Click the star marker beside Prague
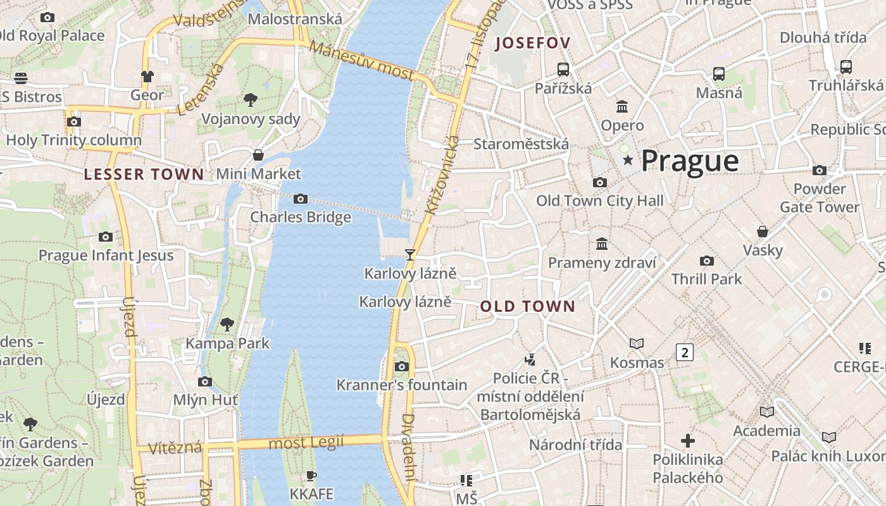point(628,161)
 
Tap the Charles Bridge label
point(301,217)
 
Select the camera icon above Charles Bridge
point(301,199)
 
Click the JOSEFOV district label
point(533,43)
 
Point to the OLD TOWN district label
point(528,307)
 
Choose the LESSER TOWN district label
point(144,175)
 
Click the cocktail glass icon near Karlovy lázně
point(410,254)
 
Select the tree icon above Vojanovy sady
point(251,99)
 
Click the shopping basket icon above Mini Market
point(258,155)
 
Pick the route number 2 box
point(684,352)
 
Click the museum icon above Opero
point(622,106)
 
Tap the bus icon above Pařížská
point(563,70)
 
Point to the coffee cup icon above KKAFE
point(311,476)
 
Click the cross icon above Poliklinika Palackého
point(688,440)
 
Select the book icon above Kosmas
point(637,343)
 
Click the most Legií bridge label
point(306,443)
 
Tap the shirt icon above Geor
point(147,77)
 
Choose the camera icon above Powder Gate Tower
point(820,170)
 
